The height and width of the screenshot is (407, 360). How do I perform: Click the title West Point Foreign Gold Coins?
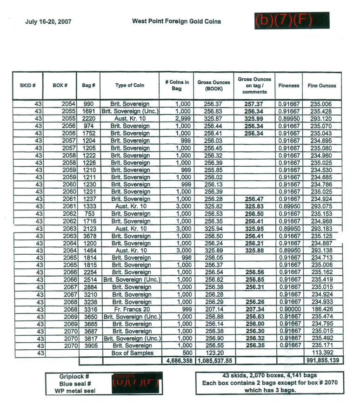tap(176, 21)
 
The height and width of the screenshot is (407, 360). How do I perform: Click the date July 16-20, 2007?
tap(48, 22)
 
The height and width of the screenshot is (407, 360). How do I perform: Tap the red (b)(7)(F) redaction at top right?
tap(292, 20)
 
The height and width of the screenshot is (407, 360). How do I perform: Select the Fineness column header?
tap(289, 86)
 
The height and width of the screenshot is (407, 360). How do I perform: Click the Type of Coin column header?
tap(130, 85)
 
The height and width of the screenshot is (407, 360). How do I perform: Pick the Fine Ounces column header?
tap(322, 86)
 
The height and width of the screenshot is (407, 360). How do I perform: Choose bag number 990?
tap(89, 104)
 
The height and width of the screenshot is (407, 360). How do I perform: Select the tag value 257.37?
tap(254, 104)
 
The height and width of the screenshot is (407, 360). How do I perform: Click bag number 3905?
tap(89, 346)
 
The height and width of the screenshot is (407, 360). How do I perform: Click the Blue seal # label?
tap(77, 384)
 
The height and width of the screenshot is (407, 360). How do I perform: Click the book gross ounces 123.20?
tap(214, 353)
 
